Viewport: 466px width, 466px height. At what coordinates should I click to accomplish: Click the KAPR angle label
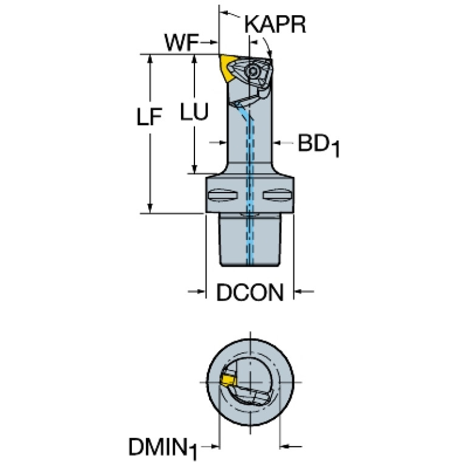[275, 24]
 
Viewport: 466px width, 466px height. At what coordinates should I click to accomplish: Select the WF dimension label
[182, 43]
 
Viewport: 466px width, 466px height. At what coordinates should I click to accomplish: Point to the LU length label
[194, 111]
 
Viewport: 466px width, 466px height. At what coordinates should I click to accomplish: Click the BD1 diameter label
[318, 145]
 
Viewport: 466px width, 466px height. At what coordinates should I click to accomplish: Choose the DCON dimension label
[250, 292]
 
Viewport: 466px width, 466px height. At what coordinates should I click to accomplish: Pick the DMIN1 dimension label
[163, 448]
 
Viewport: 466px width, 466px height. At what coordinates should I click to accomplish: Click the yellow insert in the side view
[227, 68]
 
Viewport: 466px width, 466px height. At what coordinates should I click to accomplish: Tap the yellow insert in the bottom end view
[227, 380]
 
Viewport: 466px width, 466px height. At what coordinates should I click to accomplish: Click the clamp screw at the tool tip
[252, 71]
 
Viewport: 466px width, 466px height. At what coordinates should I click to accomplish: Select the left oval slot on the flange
[222, 196]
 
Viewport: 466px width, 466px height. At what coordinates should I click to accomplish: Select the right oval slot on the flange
[277, 196]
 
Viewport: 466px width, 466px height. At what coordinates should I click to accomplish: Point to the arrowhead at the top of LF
[150, 59]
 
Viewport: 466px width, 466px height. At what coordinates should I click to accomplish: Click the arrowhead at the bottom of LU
[194, 169]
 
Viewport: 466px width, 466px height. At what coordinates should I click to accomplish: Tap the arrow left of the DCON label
[197, 292]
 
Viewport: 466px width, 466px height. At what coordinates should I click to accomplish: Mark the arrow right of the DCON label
[304, 292]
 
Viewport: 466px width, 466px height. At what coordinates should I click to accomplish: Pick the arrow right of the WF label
[209, 43]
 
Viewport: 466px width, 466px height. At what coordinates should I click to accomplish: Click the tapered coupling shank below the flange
[250, 240]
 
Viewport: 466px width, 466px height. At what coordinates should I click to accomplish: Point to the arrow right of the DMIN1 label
[291, 446]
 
